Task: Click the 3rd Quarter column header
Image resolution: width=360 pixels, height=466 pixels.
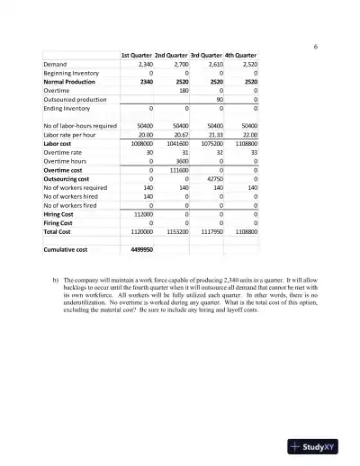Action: pyautogui.click(x=204, y=56)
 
